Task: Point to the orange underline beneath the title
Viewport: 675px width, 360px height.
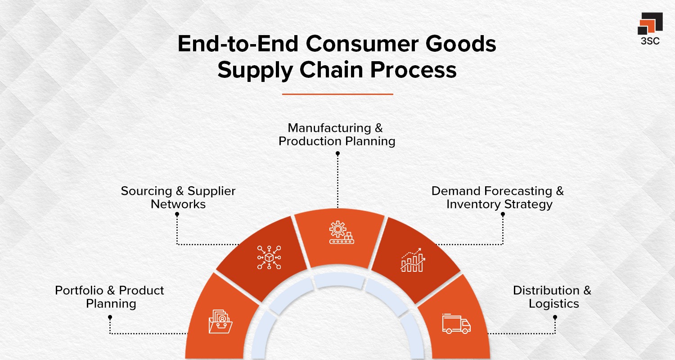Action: pos(337,94)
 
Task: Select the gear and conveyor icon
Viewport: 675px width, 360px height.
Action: pos(341,233)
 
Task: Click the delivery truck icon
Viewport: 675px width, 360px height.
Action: pos(456,324)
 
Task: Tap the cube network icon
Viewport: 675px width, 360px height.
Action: pos(269,257)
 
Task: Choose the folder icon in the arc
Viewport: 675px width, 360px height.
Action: pos(220,322)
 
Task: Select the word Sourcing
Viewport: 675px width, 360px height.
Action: pos(147,191)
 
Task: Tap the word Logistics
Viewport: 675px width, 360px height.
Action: pos(553,304)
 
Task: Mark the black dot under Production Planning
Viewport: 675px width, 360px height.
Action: pos(337,153)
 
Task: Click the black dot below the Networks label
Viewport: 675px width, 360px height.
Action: pos(177,215)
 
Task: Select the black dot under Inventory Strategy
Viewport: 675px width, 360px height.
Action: pos(503,215)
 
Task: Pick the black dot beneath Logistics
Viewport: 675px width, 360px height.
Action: pos(555,317)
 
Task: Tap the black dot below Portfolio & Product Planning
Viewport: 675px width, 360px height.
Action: pos(110,317)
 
